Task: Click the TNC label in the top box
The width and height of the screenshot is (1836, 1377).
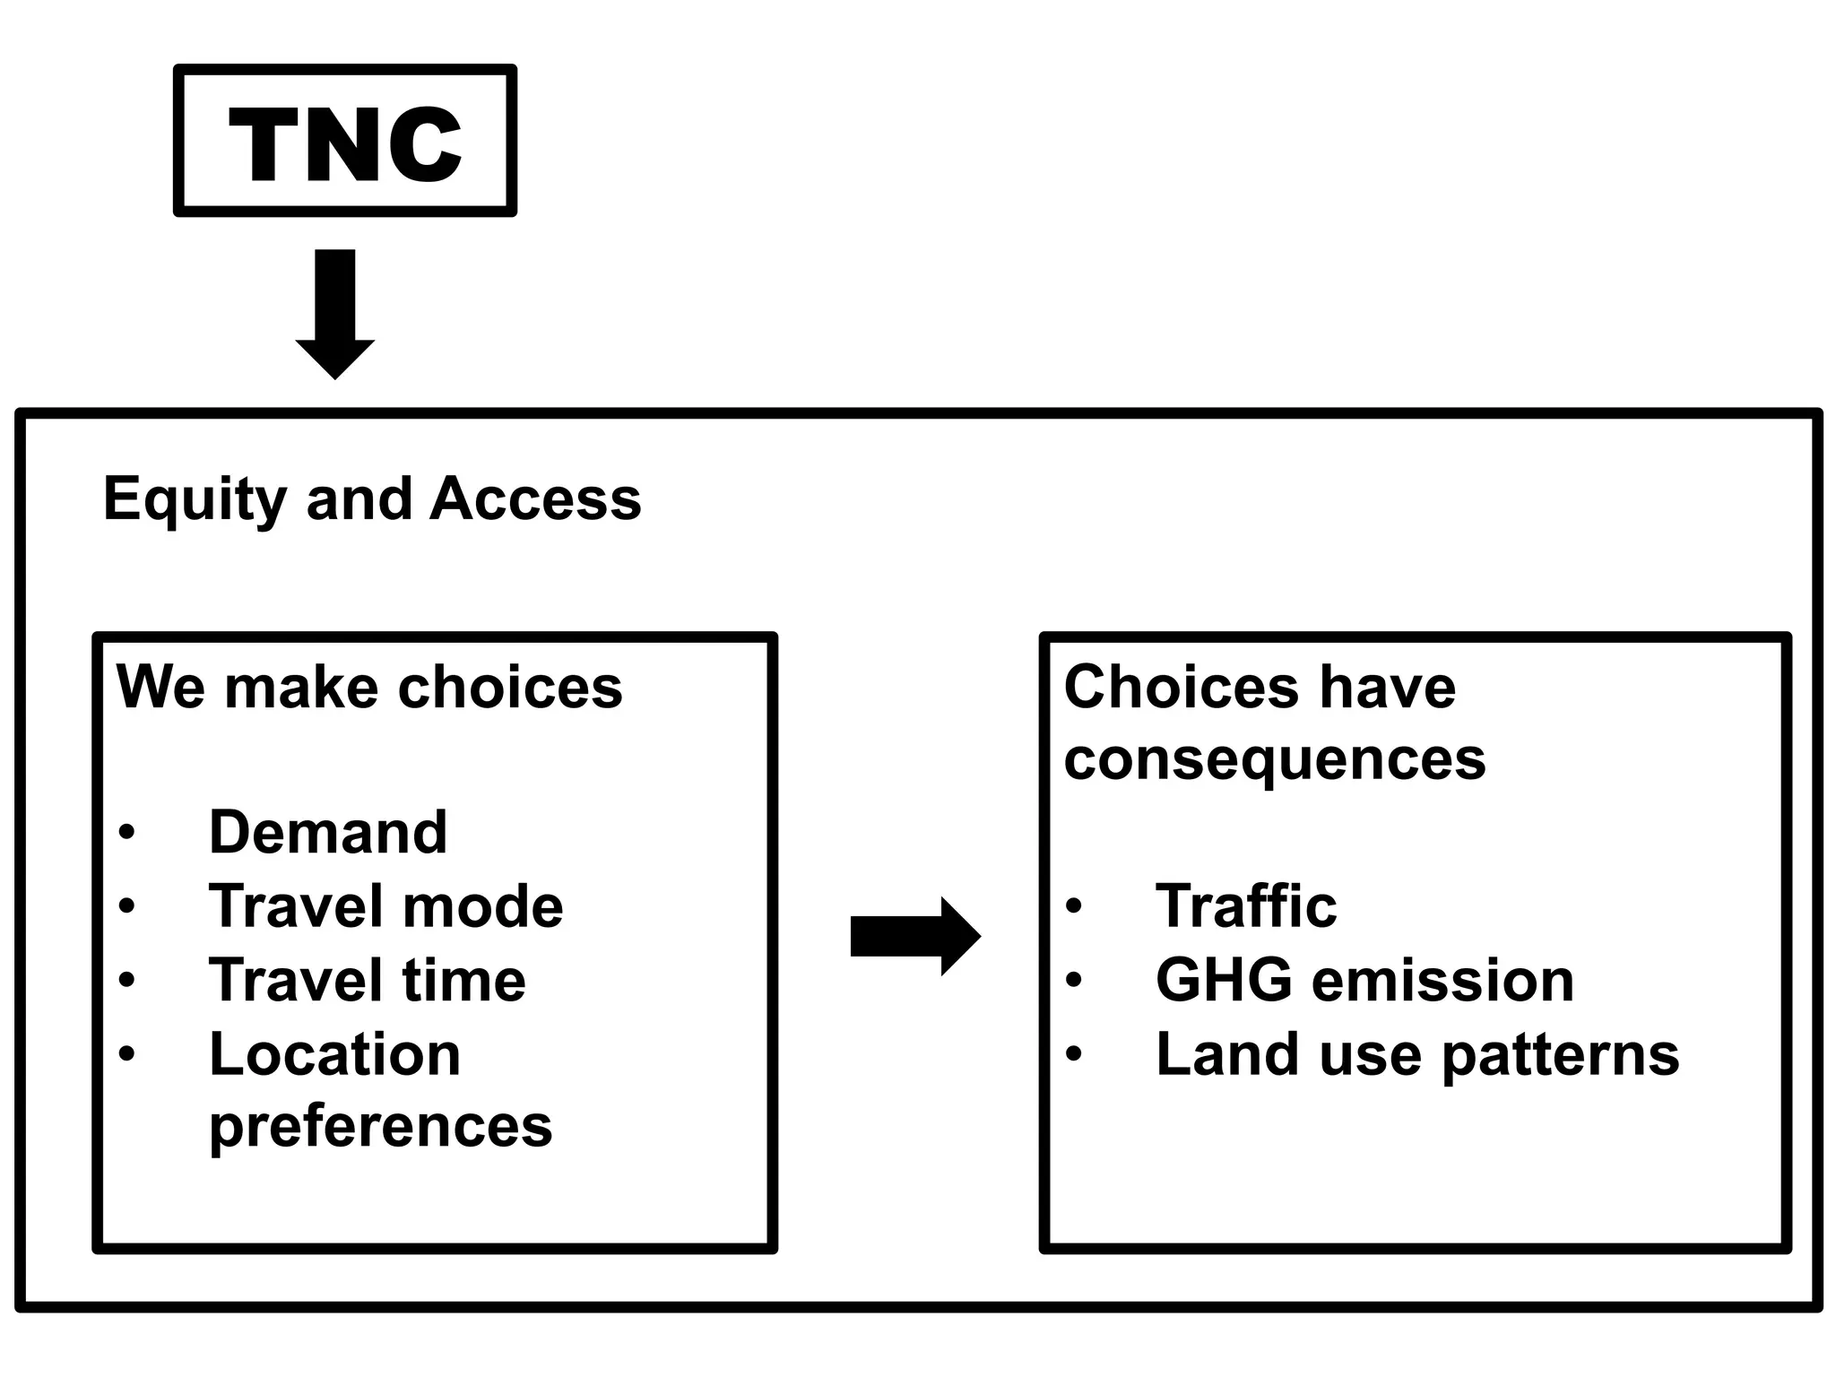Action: pyautogui.click(x=345, y=143)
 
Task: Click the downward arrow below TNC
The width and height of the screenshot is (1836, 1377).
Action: pyautogui.click(x=335, y=314)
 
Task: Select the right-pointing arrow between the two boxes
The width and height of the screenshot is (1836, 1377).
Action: pyautogui.click(x=914, y=936)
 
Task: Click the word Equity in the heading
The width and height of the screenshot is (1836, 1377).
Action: pyautogui.click(x=194, y=499)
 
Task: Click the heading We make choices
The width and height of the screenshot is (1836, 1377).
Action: pyautogui.click(x=369, y=688)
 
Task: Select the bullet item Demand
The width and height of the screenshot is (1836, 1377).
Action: pyautogui.click(x=327, y=832)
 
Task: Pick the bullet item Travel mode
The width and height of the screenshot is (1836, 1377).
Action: pyautogui.click(x=385, y=905)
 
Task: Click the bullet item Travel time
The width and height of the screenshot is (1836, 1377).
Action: pyautogui.click(x=367, y=979)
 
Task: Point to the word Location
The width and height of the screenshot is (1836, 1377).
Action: pyautogui.click(x=334, y=1053)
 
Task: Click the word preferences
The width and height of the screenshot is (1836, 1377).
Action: pyautogui.click(x=380, y=1126)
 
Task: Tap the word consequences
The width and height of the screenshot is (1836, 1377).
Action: pyautogui.click(x=1274, y=760)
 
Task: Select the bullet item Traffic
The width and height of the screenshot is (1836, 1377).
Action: pyautogui.click(x=1246, y=905)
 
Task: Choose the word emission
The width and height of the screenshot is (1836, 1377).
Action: pyautogui.click(x=1442, y=979)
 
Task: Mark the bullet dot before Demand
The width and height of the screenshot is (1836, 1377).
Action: pyautogui.click(x=126, y=833)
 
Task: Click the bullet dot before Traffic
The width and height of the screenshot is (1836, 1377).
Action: pyautogui.click(x=1074, y=906)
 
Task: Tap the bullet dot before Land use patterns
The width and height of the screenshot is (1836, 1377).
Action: pyautogui.click(x=1074, y=1054)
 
